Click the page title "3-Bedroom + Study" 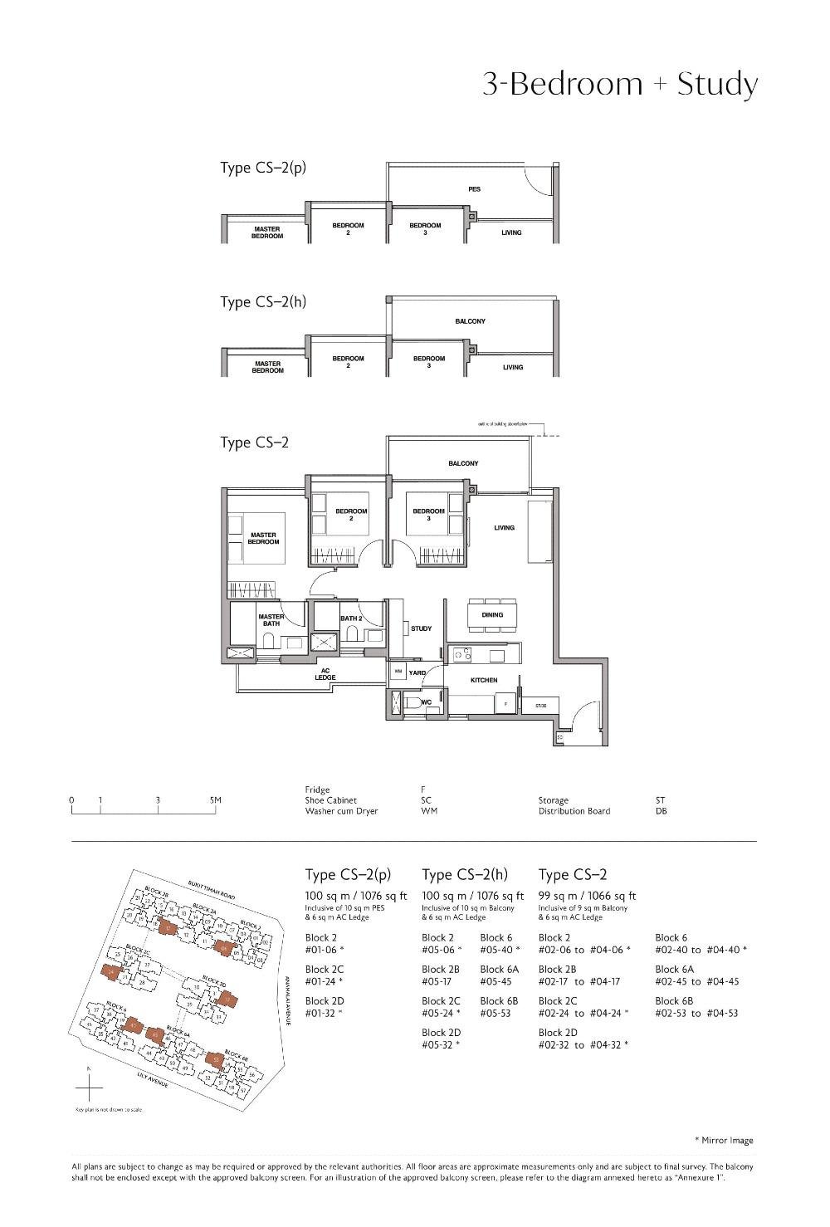[x=620, y=85]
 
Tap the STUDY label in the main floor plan [x=422, y=628]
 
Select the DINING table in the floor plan [x=492, y=615]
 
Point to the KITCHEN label [x=484, y=680]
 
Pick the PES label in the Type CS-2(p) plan [x=475, y=189]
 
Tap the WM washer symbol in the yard [x=398, y=672]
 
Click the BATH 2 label [x=351, y=618]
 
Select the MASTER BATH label [x=271, y=620]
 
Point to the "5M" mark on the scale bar [x=216, y=800]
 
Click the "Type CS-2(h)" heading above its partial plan [x=263, y=302]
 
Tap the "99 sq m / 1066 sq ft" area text [x=587, y=896]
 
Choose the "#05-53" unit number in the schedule [x=496, y=1013]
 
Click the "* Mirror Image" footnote [x=724, y=1140]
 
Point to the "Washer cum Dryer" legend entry [x=341, y=811]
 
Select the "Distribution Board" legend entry [x=574, y=811]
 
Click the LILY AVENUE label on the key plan [x=155, y=1080]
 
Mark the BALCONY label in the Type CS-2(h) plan [x=471, y=321]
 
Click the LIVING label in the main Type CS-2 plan [x=504, y=528]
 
